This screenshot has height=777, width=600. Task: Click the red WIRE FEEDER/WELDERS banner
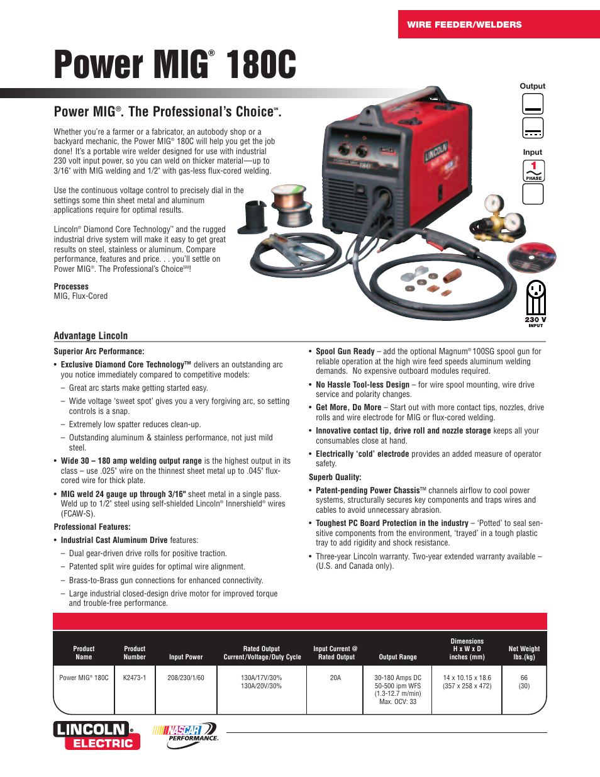[x=498, y=25]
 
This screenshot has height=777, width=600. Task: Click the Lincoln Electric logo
[x=97, y=735]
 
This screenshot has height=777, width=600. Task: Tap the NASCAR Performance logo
[x=186, y=735]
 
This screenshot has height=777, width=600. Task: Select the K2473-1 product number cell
[x=135, y=678]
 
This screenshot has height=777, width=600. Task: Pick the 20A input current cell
[x=336, y=678]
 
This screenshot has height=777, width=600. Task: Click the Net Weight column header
[x=524, y=652]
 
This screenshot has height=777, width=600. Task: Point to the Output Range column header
[x=397, y=657]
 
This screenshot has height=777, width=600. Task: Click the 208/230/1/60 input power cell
[x=186, y=678]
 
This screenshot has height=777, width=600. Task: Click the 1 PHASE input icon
[x=533, y=170]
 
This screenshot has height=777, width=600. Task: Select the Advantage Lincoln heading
[x=91, y=335]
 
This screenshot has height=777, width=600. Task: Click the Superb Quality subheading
[x=335, y=477]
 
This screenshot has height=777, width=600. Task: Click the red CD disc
[x=532, y=257]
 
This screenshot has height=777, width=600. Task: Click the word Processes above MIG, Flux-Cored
[x=71, y=286]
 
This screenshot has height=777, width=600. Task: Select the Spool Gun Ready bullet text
[x=345, y=351]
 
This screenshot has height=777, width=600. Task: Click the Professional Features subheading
[x=92, y=527]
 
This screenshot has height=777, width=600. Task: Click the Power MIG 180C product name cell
[x=84, y=678]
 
